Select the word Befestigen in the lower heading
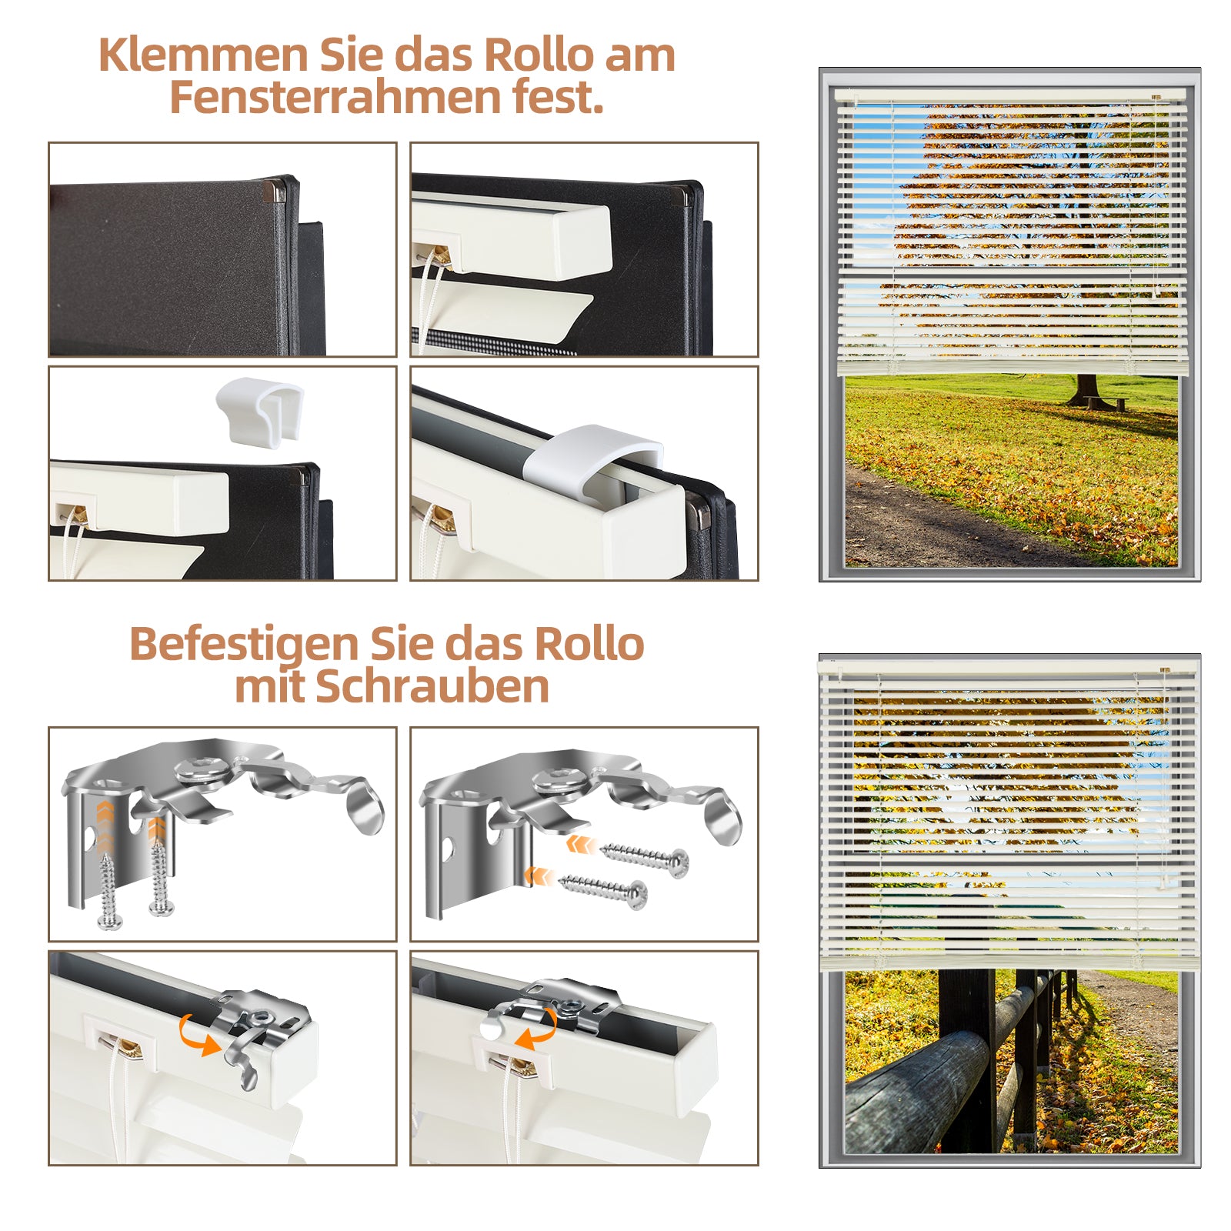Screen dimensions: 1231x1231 point(244,645)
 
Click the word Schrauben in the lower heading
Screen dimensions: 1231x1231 point(432,686)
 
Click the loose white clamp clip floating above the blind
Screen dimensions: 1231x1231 point(260,410)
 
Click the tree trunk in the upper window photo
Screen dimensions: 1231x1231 point(1086,389)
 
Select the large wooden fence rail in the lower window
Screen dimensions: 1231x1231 point(916,1093)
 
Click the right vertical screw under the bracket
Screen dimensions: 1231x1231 point(160,877)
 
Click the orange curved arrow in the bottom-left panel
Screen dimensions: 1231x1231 point(197,1034)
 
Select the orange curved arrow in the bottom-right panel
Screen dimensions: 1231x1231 point(536,1029)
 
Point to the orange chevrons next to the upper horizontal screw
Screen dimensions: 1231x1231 point(580,844)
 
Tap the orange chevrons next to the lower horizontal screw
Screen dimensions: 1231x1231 point(539,876)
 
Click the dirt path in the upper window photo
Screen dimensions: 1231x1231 point(939,523)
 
